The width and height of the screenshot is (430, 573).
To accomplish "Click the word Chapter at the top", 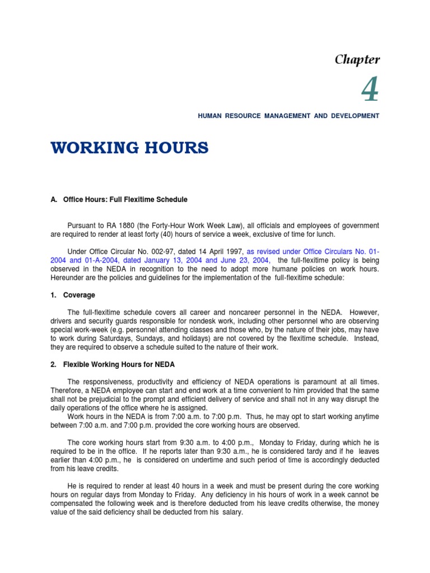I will coord(357,60).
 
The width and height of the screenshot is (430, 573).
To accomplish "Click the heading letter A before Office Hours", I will coord(53,200).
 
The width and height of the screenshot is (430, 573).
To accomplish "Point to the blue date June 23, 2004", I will coord(246,260).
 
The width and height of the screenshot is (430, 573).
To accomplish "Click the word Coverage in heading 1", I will coord(79,295).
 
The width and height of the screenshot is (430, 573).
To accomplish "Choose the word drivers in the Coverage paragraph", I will coord(62,321).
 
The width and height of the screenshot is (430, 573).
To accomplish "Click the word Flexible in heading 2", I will coord(76,364).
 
